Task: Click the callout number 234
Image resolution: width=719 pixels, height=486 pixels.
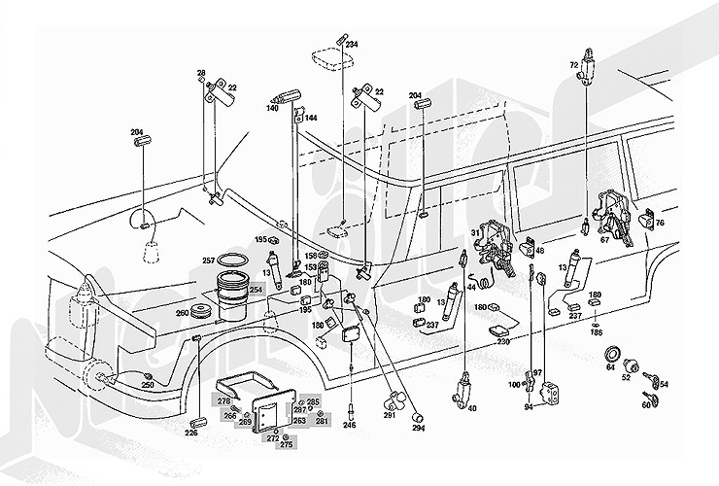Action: [x=352, y=45]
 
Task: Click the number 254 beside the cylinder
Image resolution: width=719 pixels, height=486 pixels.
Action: [x=256, y=290]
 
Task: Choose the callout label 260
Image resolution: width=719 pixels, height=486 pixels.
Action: [x=181, y=314]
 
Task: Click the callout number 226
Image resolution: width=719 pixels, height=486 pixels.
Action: [x=191, y=433]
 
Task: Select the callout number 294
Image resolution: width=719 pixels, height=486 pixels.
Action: [x=419, y=428]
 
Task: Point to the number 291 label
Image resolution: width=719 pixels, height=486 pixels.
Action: [x=389, y=416]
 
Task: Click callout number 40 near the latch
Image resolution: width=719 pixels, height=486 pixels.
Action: [x=472, y=409]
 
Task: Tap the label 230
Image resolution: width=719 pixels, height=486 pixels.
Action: [x=503, y=341]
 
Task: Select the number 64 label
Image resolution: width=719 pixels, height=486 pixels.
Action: [x=610, y=367]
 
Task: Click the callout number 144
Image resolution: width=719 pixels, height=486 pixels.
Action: [x=311, y=118]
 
